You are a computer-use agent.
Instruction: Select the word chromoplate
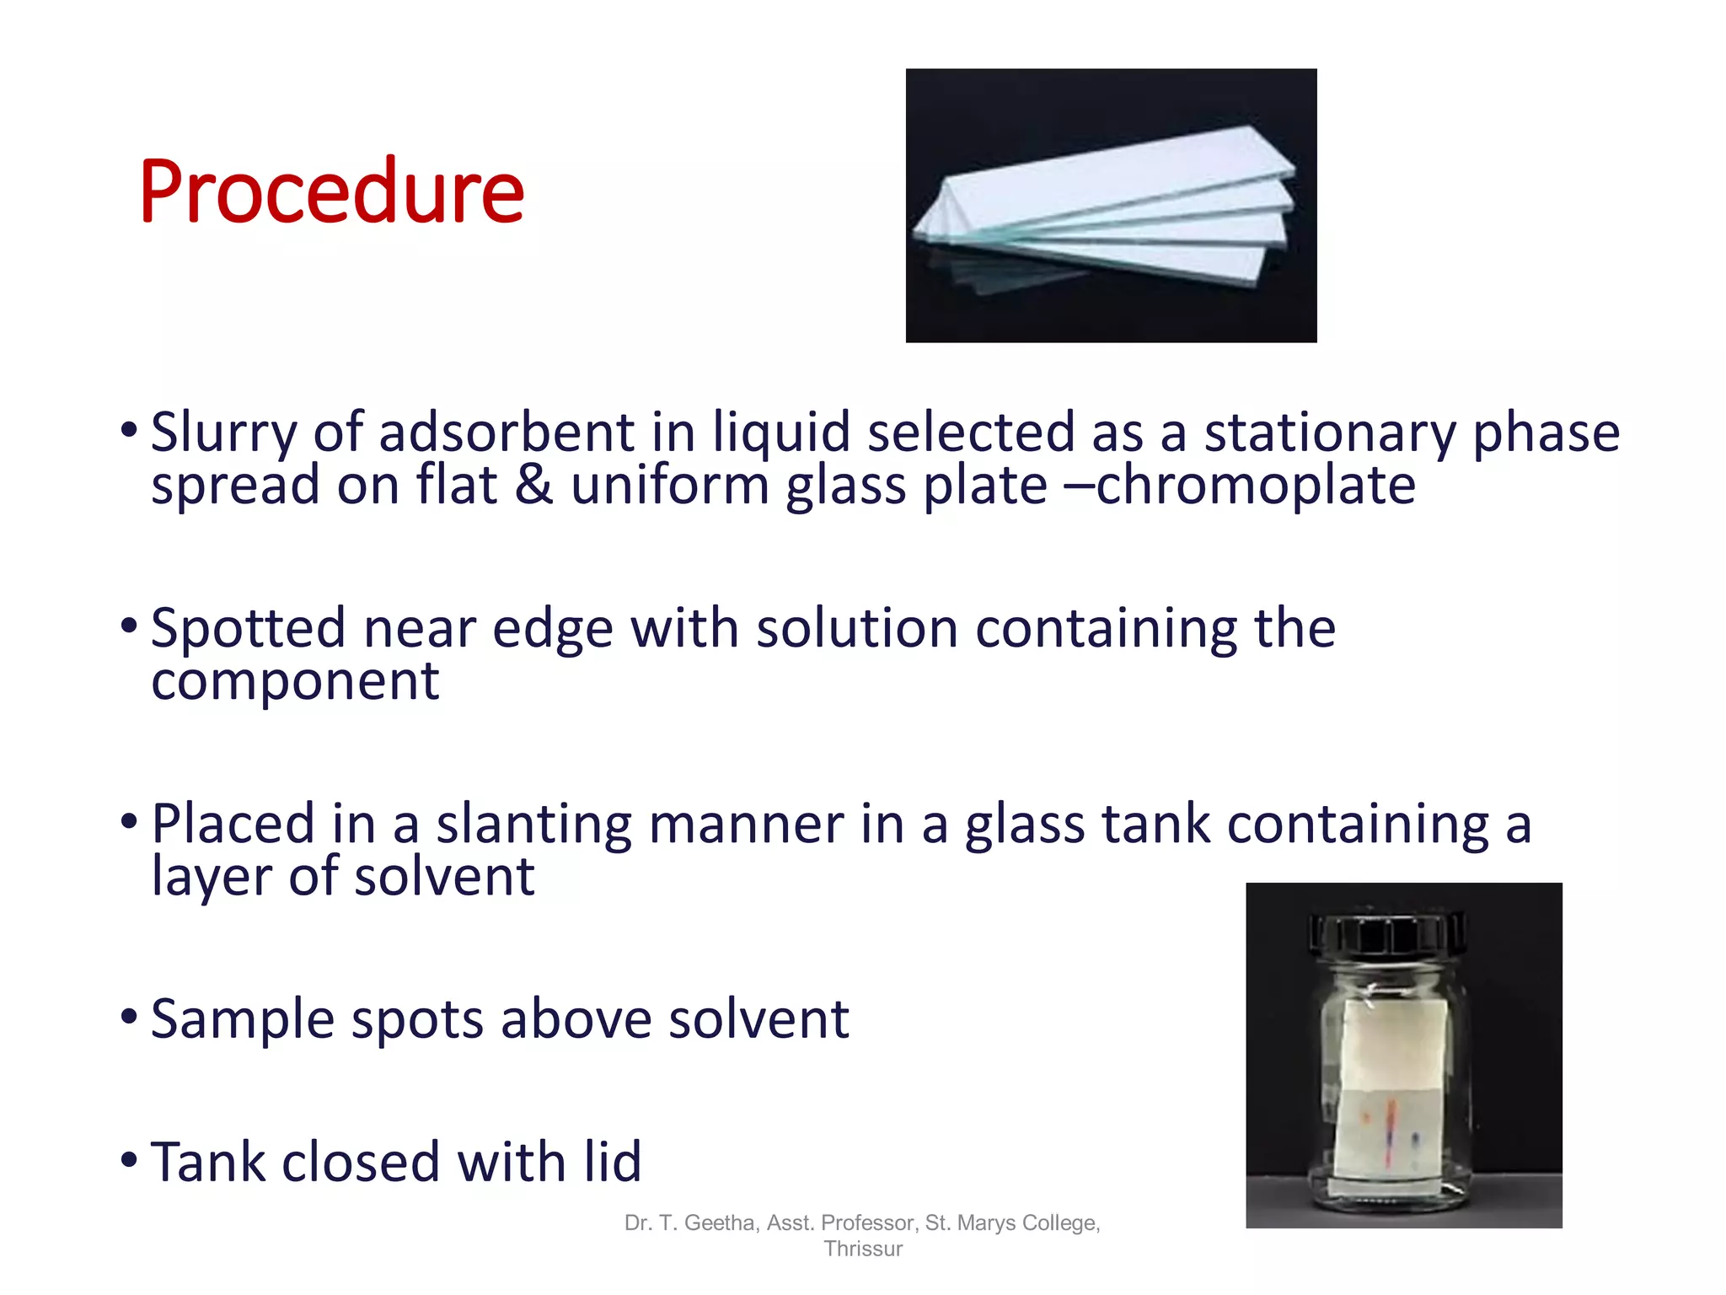(x=1256, y=486)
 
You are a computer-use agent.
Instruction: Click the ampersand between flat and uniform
(x=533, y=486)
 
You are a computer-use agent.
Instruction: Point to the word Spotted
(x=248, y=629)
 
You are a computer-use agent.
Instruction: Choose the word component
(x=295, y=681)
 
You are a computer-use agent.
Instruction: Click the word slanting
(x=533, y=825)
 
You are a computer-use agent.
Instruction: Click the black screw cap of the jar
(x=1387, y=934)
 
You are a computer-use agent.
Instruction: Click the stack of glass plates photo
(x=1110, y=207)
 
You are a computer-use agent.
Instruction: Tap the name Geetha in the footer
(x=721, y=1222)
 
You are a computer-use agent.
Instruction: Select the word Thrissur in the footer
(x=863, y=1249)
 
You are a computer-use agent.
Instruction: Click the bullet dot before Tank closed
(x=129, y=1159)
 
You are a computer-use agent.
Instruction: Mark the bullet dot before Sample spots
(x=129, y=1016)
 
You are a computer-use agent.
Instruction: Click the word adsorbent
(x=506, y=433)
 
